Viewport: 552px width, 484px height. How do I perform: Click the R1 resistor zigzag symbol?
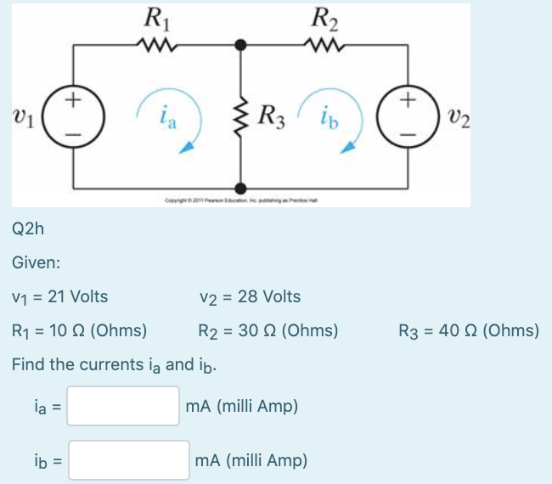(156, 47)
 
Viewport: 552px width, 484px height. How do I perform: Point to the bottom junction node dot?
(242, 188)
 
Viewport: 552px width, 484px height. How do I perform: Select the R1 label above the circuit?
(155, 16)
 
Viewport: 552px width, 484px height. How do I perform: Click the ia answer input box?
(124, 406)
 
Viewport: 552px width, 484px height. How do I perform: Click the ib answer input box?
(129, 460)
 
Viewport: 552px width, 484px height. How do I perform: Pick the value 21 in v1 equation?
(57, 297)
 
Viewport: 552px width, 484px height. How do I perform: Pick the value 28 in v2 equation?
(247, 297)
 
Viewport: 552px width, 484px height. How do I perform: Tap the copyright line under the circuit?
(242, 200)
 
